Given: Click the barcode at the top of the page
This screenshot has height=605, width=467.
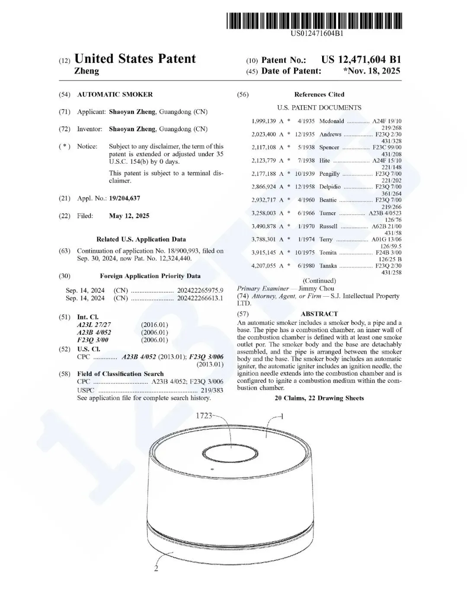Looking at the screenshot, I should click(314, 21).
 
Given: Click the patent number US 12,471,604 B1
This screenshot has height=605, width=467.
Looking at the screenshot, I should click(361, 60).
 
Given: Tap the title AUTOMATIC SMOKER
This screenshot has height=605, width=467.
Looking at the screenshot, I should click(115, 94).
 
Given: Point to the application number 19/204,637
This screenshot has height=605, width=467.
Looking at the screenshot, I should click(125, 198).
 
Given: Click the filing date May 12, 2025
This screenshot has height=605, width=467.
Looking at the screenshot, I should click(129, 216).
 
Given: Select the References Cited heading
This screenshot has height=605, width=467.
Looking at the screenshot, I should click(319, 94).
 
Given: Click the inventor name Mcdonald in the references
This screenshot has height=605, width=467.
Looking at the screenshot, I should click(332, 121).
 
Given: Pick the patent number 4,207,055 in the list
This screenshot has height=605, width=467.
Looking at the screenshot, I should click(264, 266).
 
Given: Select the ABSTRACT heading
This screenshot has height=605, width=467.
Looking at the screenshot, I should click(319, 314).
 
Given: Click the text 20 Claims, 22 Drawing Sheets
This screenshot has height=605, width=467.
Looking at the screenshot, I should click(319, 398).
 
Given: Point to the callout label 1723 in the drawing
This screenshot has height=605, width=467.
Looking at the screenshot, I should click(204, 416).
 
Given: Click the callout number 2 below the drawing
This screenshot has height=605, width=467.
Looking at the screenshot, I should click(156, 569).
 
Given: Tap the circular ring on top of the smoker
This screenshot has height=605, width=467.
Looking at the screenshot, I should click(231, 455).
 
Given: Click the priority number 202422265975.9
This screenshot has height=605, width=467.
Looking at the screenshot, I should click(200, 291).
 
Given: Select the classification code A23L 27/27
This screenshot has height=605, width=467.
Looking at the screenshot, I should click(94, 325).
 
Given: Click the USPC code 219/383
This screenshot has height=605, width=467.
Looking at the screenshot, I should click(212, 390).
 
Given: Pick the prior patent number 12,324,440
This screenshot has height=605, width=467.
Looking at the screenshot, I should click(173, 259).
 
